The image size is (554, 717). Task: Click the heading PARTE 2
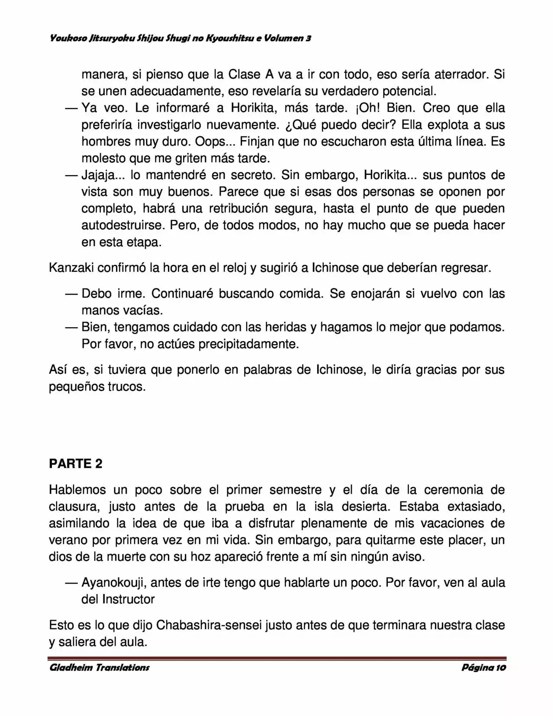(76, 463)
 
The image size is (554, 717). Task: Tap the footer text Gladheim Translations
(100, 667)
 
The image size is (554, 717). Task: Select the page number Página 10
(483, 667)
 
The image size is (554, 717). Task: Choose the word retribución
(238, 209)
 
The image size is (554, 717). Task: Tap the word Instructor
(129, 599)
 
